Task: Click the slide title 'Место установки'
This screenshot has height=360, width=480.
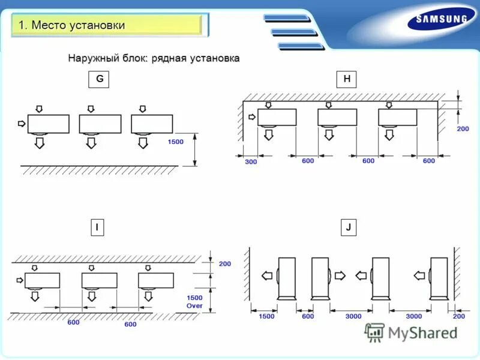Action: click(72, 25)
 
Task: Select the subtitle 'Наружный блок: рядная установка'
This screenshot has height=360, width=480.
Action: click(154, 58)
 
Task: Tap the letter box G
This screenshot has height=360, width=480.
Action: click(99, 80)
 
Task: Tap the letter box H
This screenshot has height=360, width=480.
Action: click(347, 80)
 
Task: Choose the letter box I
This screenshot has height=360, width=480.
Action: click(96, 227)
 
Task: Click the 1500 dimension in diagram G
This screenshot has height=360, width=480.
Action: click(176, 142)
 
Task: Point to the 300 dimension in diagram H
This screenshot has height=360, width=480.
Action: click(251, 161)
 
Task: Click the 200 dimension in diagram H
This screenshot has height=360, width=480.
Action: click(463, 129)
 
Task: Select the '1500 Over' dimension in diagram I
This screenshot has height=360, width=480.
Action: click(194, 301)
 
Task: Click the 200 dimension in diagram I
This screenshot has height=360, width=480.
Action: click(224, 264)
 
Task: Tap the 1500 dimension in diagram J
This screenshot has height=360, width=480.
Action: click(266, 316)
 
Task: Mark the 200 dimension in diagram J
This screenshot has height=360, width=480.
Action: click(459, 316)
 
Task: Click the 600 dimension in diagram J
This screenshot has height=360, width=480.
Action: click(308, 316)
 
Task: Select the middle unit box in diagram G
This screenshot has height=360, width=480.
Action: click(100, 124)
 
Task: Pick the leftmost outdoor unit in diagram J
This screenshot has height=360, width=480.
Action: click(287, 277)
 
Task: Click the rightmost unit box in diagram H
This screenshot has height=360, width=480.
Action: click(398, 117)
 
